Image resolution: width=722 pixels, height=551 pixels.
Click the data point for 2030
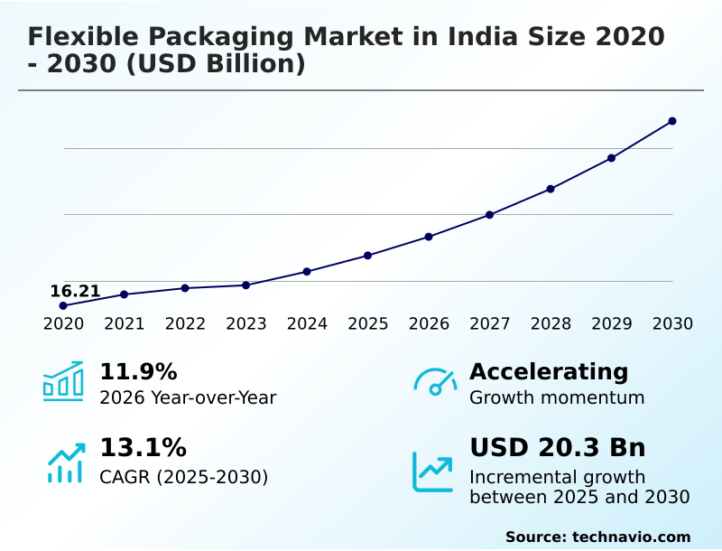(x=672, y=121)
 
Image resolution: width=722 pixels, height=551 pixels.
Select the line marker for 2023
(x=246, y=285)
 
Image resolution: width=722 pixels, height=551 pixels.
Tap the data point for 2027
(x=490, y=215)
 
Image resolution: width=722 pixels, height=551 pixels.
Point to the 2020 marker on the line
(x=63, y=305)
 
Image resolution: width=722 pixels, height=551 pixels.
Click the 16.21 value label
(x=75, y=291)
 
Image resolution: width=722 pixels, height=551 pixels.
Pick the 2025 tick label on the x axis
(x=368, y=324)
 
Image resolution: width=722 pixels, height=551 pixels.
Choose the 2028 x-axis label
(x=551, y=324)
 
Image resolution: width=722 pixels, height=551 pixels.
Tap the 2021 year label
(x=125, y=324)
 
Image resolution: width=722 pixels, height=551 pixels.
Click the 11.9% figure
(x=138, y=372)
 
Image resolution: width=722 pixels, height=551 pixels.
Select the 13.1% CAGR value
(x=143, y=448)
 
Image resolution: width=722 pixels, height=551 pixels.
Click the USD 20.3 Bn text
(x=557, y=448)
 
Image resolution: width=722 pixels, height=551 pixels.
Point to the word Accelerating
(x=549, y=372)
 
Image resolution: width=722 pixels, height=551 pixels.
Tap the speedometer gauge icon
(x=435, y=381)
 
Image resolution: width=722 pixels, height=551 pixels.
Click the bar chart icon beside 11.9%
(x=63, y=381)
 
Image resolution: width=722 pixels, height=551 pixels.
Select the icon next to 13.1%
(x=65, y=462)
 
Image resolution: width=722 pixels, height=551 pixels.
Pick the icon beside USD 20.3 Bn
(x=432, y=472)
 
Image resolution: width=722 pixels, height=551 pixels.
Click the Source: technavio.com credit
(x=597, y=537)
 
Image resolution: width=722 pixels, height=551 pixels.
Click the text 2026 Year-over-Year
(x=188, y=397)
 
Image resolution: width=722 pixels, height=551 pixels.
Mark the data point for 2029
(x=612, y=158)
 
